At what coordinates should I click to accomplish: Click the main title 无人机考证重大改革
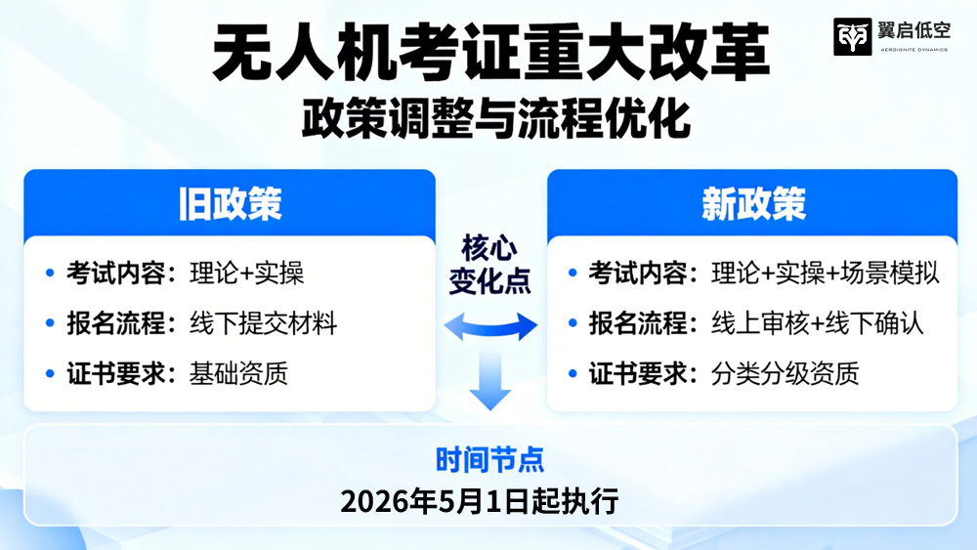pyautogui.click(x=491, y=53)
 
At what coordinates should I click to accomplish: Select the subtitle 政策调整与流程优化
pyautogui.click(x=496, y=118)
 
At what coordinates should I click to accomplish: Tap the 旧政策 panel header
pyautogui.click(x=230, y=203)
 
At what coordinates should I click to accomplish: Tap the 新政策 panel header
pyautogui.click(x=753, y=203)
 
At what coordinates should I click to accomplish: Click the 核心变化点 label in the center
pyautogui.click(x=489, y=264)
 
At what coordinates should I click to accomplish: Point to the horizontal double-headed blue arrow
pyautogui.click(x=490, y=326)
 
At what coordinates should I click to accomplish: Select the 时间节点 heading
pyautogui.click(x=489, y=460)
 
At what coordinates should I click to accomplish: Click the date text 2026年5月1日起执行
pyautogui.click(x=480, y=501)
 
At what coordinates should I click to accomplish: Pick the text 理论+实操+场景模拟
pyautogui.click(x=825, y=273)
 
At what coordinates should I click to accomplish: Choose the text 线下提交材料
pyautogui.click(x=263, y=323)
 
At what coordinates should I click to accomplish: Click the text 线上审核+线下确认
pyautogui.click(x=817, y=323)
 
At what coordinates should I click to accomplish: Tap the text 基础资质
pyautogui.click(x=238, y=374)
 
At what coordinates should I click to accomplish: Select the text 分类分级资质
pyautogui.click(x=786, y=374)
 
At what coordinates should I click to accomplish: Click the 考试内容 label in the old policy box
pyautogui.click(x=116, y=273)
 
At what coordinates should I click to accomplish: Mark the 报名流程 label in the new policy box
pyautogui.click(x=638, y=323)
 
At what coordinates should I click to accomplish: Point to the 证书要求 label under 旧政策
pyautogui.click(x=116, y=374)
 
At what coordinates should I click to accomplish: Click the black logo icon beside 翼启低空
pyautogui.click(x=852, y=37)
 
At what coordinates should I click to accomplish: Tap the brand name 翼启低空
pyautogui.click(x=914, y=30)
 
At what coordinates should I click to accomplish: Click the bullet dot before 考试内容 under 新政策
pyautogui.click(x=573, y=273)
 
